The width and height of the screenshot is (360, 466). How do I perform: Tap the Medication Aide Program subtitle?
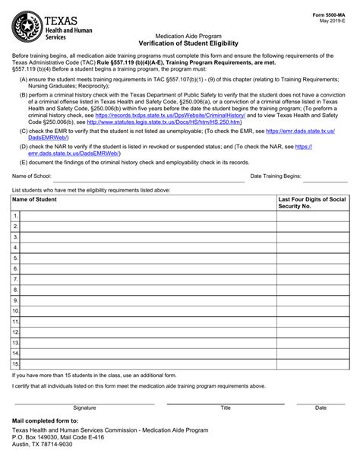click(179, 36)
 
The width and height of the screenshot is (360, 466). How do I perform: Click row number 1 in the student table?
click(15, 217)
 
